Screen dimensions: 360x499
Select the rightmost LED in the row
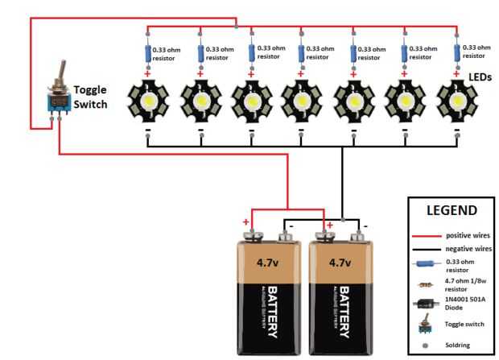click(456, 101)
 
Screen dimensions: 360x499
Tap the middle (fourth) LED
click(302, 101)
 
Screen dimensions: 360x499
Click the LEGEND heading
click(452, 210)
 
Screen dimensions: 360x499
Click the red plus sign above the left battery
click(246, 221)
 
